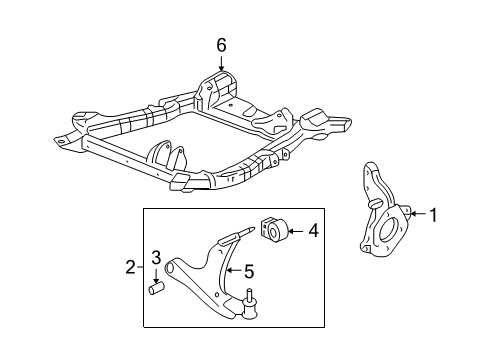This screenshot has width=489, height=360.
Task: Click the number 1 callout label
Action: (x=434, y=213)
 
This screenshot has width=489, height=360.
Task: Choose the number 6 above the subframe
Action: (x=221, y=43)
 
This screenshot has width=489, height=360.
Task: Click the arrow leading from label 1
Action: (x=418, y=213)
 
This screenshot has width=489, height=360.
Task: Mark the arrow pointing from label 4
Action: (x=296, y=231)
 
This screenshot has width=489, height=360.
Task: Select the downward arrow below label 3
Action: (x=155, y=278)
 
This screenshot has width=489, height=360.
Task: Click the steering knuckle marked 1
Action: (x=377, y=215)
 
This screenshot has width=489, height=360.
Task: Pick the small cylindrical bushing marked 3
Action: (x=156, y=290)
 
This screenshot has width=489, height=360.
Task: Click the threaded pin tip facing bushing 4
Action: (x=247, y=230)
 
